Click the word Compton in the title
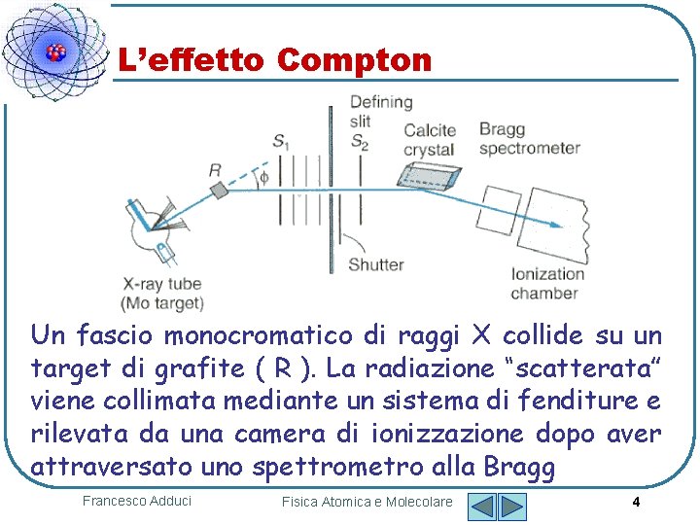[x=353, y=61]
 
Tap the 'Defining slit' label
[x=380, y=111]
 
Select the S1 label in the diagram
[x=281, y=142]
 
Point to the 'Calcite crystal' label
[x=429, y=140]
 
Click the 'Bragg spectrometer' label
[x=529, y=139]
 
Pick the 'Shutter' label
[x=375, y=263]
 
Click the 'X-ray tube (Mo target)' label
[x=163, y=294]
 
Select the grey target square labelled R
[x=218, y=191]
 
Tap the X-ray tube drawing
[x=151, y=232]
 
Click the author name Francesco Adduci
[x=137, y=501]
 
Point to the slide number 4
[x=635, y=502]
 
